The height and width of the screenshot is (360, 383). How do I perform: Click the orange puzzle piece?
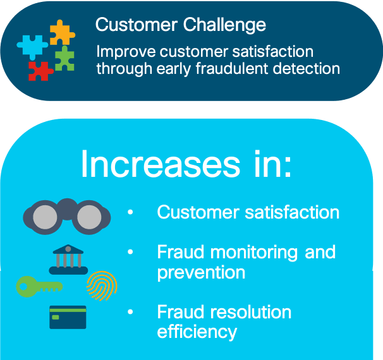click(x=62, y=33)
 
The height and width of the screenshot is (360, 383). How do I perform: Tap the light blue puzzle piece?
click(x=32, y=47)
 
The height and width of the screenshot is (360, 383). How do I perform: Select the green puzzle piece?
click(x=64, y=59)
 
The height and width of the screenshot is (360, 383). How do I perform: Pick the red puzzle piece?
click(x=40, y=71)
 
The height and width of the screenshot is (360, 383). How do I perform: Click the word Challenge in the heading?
click(x=224, y=25)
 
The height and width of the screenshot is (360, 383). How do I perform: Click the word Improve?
click(x=126, y=52)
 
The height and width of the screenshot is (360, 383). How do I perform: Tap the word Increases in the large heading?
click(x=161, y=164)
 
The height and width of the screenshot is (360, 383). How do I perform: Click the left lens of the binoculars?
click(x=45, y=217)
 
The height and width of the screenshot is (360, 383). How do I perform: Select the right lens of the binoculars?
click(x=89, y=217)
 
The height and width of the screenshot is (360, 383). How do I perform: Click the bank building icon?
click(x=68, y=260)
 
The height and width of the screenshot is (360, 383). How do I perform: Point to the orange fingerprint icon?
click(x=102, y=286)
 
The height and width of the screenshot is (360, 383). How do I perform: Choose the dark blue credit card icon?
click(x=68, y=317)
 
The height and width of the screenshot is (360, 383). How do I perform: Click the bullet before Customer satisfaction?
click(x=130, y=212)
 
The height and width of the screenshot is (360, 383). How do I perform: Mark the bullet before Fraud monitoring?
click(x=130, y=251)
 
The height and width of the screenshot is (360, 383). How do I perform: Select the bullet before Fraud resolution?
click(x=130, y=311)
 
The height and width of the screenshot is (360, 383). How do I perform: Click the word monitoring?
click(x=254, y=253)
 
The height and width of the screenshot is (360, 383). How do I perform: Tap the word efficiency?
click(x=197, y=332)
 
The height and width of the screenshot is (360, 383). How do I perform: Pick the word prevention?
click(x=201, y=273)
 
